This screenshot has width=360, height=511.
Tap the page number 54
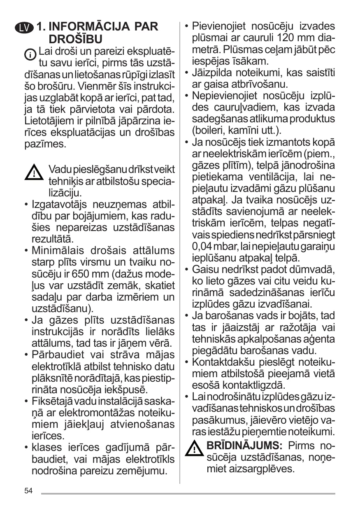coord(28,490)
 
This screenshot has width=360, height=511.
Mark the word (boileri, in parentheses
coord(208,131)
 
